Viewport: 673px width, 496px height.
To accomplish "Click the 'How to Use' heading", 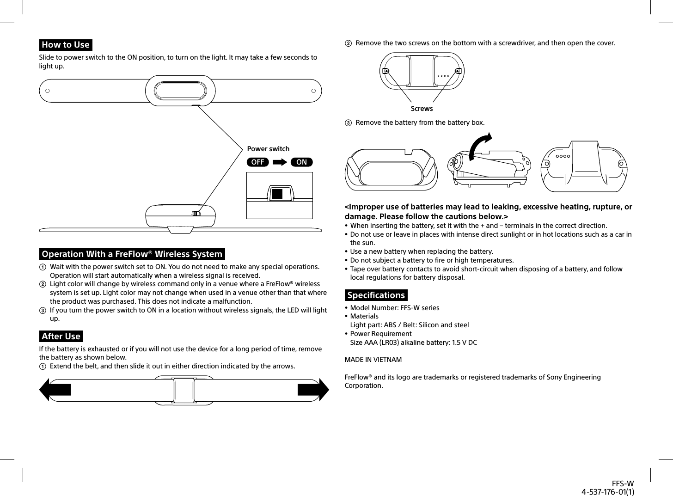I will [66, 45].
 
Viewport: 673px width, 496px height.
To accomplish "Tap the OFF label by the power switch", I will [258, 162].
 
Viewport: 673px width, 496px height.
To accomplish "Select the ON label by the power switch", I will [301, 162].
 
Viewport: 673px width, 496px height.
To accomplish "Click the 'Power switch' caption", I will [268, 149].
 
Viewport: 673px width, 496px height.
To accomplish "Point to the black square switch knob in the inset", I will [277, 194].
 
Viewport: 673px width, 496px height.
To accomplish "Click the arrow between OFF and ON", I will [280, 162].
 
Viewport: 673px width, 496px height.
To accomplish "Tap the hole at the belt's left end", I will [47, 91].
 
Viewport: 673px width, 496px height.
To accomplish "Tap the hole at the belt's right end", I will [313, 91].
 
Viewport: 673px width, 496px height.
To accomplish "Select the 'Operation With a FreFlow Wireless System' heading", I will [132, 254].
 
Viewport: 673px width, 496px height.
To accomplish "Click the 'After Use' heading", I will [61, 337].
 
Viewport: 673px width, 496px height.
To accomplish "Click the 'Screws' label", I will [422, 109].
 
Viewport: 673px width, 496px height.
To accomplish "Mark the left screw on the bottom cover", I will [385, 71].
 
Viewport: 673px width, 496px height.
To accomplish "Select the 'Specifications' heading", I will [376, 295].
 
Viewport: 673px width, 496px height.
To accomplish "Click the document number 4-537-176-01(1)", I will [607, 491].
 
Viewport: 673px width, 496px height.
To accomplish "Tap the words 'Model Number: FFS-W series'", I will [395, 308].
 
